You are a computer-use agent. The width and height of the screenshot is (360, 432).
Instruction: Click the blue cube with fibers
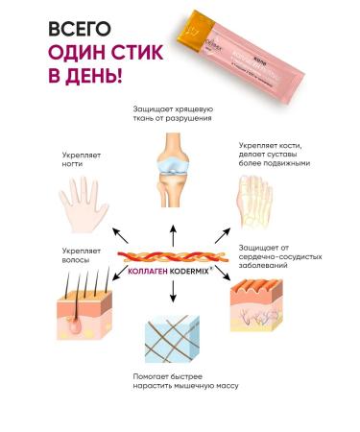(175, 341)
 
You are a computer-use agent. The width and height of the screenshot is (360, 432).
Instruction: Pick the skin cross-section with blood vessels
(265, 304)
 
